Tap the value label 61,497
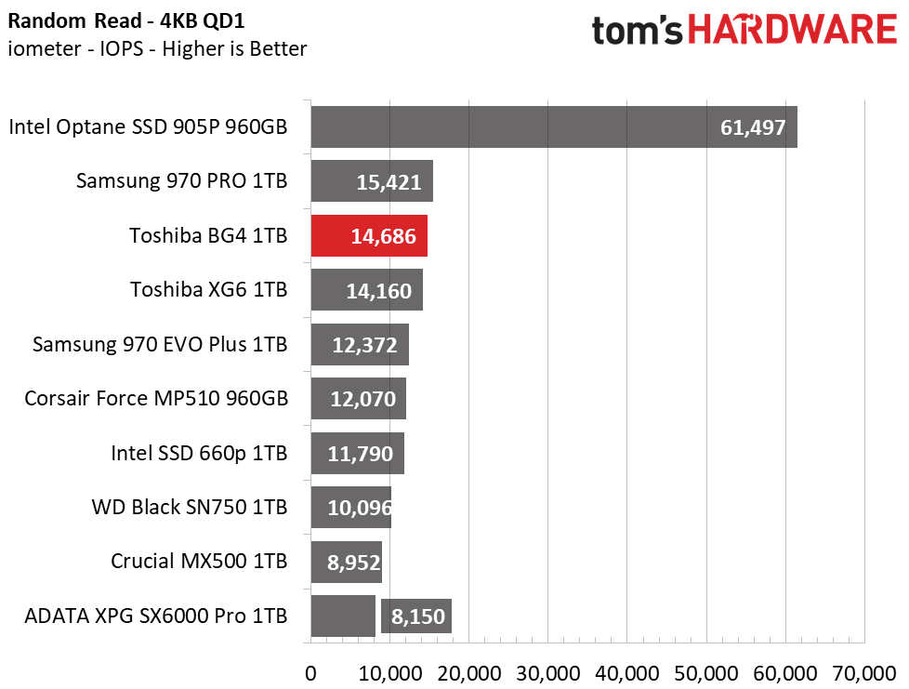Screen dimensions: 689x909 (x=753, y=128)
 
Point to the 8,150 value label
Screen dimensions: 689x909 (x=416, y=616)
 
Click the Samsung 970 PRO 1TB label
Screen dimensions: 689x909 (x=181, y=181)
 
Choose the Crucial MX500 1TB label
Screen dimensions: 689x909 (x=199, y=561)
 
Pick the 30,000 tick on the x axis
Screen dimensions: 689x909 (x=548, y=671)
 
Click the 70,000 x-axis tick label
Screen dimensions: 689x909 (x=864, y=671)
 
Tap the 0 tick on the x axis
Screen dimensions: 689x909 (x=310, y=671)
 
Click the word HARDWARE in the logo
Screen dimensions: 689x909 (x=794, y=31)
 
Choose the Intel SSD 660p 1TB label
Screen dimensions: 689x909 (x=199, y=454)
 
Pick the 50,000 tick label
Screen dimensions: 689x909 (x=707, y=671)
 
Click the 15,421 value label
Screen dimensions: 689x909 (x=389, y=182)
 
